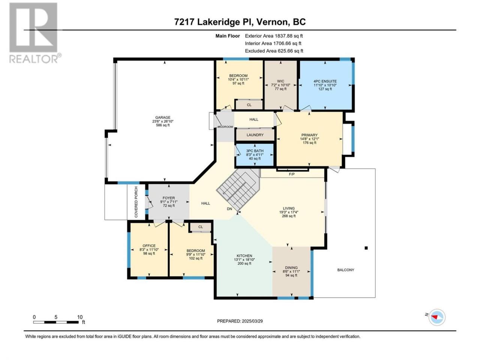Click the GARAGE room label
pyautogui.click(x=163, y=117)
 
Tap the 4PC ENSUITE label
pyautogui.click(x=325, y=81)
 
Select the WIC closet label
pyautogui.click(x=280, y=81)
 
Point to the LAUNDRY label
pyautogui.click(x=255, y=135)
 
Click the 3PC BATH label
pyautogui.click(x=255, y=151)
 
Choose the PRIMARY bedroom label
pyautogui.click(x=309, y=135)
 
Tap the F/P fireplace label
pyautogui.click(x=292, y=174)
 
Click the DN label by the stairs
pyautogui.click(x=229, y=209)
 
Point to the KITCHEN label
pyautogui.click(x=244, y=256)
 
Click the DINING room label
pyautogui.click(x=291, y=267)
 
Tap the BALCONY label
pyautogui.click(x=345, y=270)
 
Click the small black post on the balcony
pyautogui.click(x=366, y=248)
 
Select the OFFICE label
pyautogui.click(x=149, y=246)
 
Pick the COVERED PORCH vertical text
pyautogui.click(x=136, y=202)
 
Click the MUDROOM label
pyautogui.click(x=225, y=127)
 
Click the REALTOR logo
pyautogui.click(x=35, y=33)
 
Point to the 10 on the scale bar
pyautogui.click(x=80, y=317)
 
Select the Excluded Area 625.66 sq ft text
pyautogui.click(x=274, y=51)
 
